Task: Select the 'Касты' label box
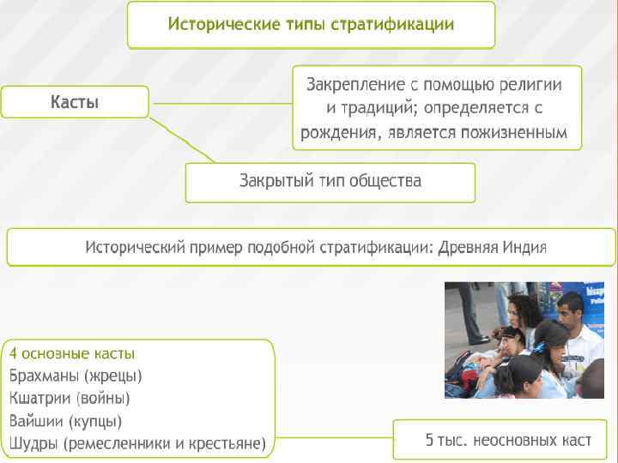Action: pyautogui.click(x=75, y=103)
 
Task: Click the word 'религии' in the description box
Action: pyautogui.click(x=532, y=85)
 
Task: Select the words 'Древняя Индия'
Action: pyautogui.click(x=492, y=248)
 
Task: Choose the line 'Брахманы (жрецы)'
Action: pyautogui.click(x=76, y=376)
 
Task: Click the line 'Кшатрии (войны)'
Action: pyautogui.click(x=70, y=398)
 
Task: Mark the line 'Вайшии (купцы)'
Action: pyautogui.click(x=65, y=421)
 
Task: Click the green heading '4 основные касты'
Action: pyautogui.click(x=72, y=353)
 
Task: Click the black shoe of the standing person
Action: pyautogui.click(x=476, y=338)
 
